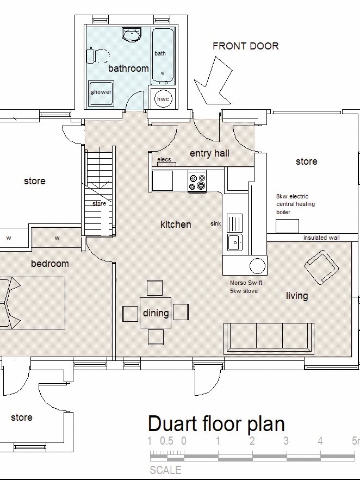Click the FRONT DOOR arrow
coord(214,81)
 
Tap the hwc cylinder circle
coord(163,99)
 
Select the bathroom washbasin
coord(132,34)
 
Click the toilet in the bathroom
coord(98,56)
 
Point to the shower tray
coord(101,93)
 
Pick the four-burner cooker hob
coord(197,182)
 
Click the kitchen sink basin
coord(235,242)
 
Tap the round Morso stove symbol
coord(257,266)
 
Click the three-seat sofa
coord(269,338)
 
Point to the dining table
coord(156,313)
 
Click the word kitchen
coord(176,225)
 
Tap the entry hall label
coord(209,153)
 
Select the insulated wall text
coord(321,238)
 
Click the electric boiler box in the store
coord(287,227)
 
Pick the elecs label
coord(164,159)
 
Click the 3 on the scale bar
coord(286,441)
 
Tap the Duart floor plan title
coord(216,424)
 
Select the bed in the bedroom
coord(33,303)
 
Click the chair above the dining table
coord(154,288)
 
